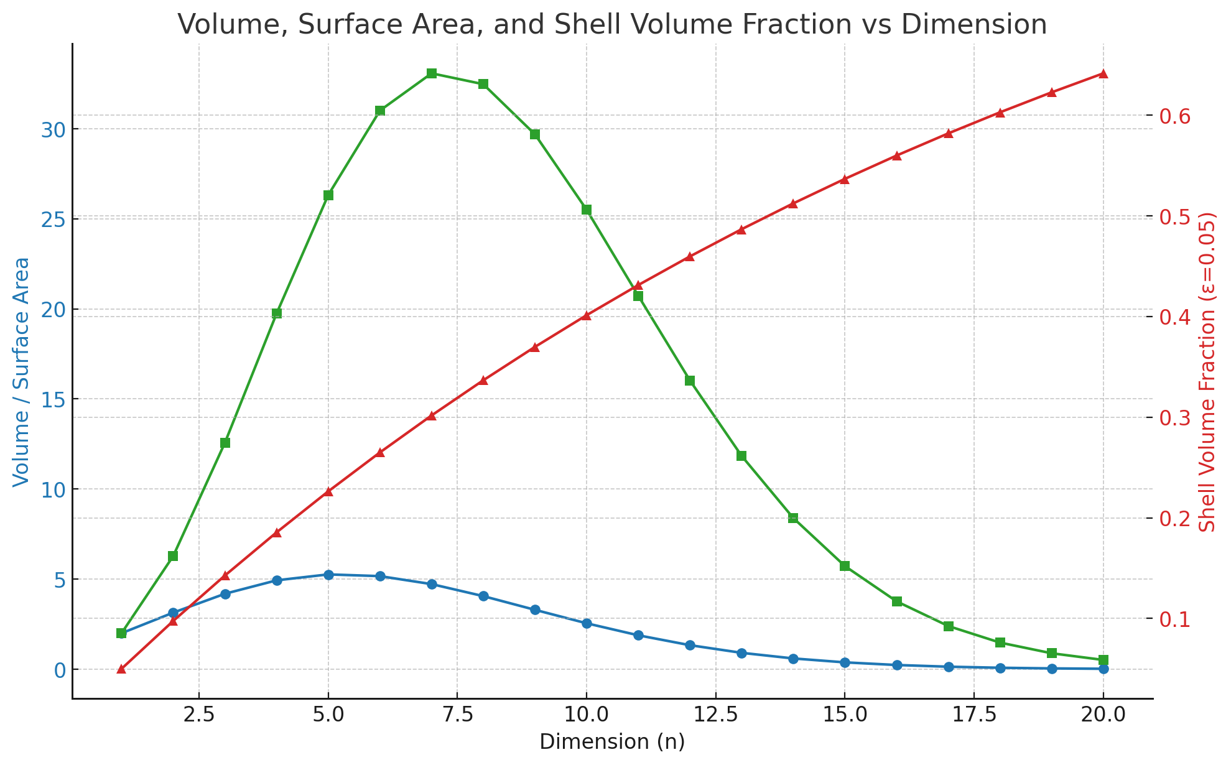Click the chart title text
pos(612,25)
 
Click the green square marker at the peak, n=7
pos(432,73)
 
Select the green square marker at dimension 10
pos(587,210)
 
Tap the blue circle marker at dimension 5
pos(328,575)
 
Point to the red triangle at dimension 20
pos(1103,74)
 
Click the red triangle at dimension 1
pos(121,669)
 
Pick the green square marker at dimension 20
pos(1103,660)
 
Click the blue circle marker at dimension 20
pos(1103,669)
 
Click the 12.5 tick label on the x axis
pos(715,715)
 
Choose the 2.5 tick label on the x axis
pos(198,715)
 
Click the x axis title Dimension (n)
pos(612,742)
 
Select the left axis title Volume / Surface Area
pos(21,371)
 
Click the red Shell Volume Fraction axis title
pos(1207,371)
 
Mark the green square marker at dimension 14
pos(793,518)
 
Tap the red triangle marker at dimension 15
pos(845,179)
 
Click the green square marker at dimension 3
pos(225,443)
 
